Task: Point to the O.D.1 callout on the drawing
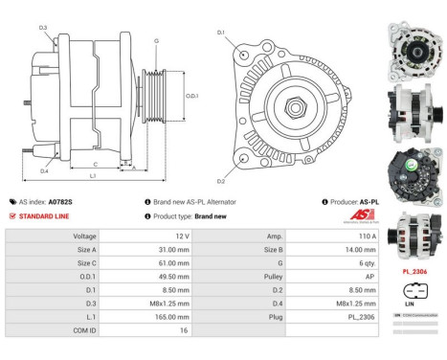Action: [x=190, y=97]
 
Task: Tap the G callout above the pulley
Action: [x=156, y=41]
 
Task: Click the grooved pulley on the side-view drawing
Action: [x=151, y=97]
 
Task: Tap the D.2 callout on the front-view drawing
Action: [x=221, y=179]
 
